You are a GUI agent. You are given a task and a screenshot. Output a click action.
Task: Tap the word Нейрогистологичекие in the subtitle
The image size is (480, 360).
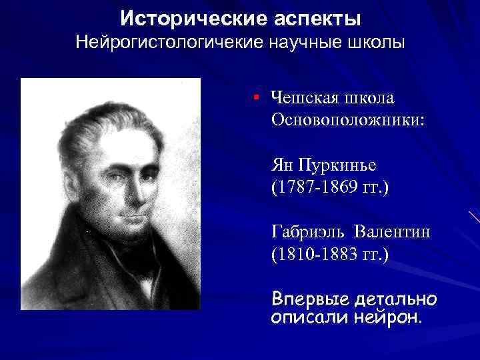coord(169,43)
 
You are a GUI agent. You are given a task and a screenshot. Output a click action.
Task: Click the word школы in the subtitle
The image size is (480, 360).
coord(377,43)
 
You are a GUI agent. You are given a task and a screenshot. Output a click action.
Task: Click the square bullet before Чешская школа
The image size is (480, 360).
coord(256,98)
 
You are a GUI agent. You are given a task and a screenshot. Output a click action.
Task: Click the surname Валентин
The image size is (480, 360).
coord(393,231)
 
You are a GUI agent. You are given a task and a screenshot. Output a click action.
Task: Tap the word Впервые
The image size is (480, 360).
coord(307,297)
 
